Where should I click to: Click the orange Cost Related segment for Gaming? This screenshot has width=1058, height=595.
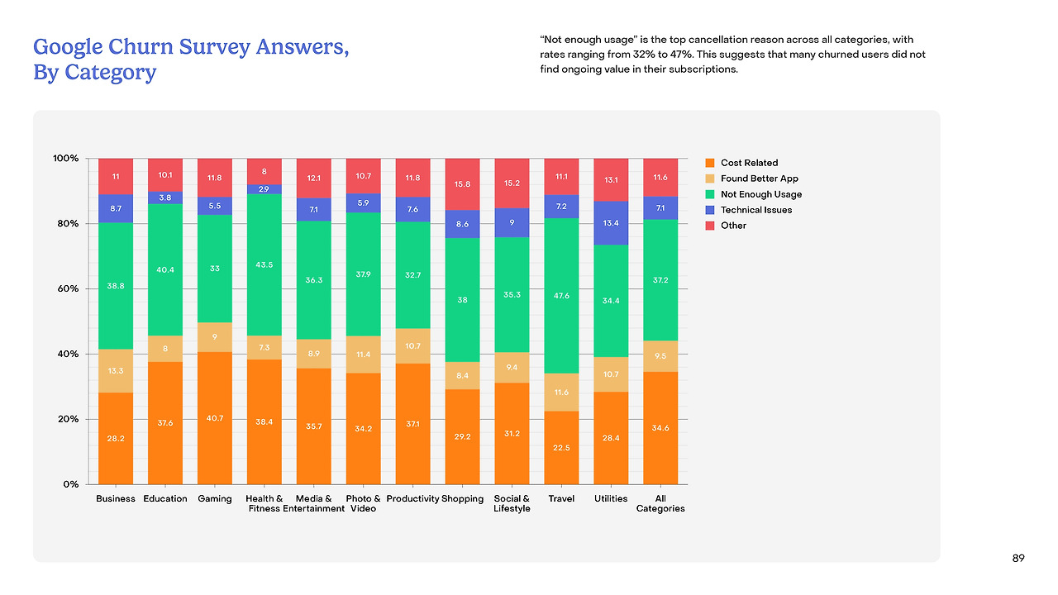point(215,418)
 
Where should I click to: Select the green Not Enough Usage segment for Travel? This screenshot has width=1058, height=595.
point(561,295)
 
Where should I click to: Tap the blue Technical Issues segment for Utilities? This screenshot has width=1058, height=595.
point(611,223)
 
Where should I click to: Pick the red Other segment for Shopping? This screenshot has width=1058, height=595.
point(462,184)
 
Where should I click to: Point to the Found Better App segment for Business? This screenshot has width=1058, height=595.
point(116,371)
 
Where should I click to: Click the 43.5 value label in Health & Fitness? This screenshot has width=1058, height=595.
point(264,264)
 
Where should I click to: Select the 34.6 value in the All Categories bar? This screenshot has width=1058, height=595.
point(660,427)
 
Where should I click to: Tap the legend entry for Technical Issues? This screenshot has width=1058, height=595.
point(755,210)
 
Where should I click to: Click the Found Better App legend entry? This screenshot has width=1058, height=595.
point(759,178)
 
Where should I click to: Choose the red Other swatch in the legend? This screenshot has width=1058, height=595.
point(709,226)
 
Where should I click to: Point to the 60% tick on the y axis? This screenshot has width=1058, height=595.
point(66,288)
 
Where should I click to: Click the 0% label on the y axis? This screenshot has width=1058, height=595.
point(71,484)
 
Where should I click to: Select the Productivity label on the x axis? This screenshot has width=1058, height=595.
point(412,499)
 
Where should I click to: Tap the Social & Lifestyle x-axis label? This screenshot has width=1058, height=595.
point(512,503)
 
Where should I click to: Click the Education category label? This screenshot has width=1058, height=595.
point(165,499)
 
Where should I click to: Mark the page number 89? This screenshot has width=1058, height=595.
point(1018,559)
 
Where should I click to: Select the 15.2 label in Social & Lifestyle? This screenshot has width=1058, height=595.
point(512,183)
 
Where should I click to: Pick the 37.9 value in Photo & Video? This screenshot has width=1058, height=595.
point(363,274)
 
